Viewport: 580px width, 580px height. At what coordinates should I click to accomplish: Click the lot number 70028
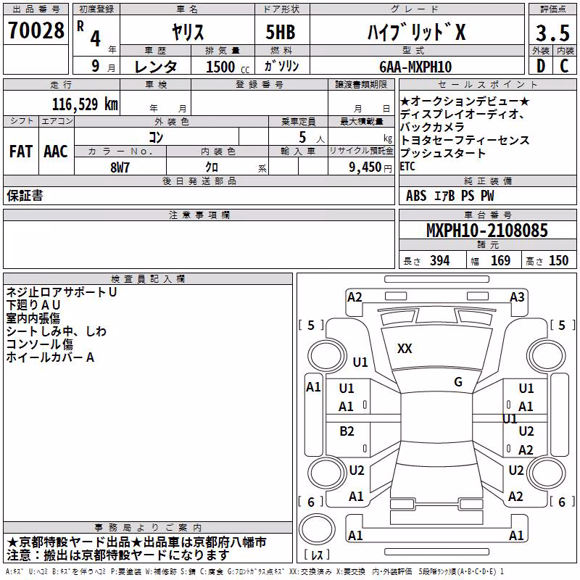[36, 30]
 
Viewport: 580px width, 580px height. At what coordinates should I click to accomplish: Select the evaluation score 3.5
[552, 33]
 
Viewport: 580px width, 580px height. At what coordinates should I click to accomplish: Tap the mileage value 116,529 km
[85, 104]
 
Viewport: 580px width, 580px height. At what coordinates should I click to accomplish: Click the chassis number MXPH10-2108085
[487, 231]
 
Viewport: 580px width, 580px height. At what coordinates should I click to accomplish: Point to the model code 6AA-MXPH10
[415, 67]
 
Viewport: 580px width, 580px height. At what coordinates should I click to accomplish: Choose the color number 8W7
[120, 167]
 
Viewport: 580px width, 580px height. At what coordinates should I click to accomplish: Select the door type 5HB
[281, 32]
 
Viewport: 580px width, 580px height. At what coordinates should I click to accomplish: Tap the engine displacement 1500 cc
[228, 67]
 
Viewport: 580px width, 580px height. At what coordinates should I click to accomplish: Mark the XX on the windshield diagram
[405, 349]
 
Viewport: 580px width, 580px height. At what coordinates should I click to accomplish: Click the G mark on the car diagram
[458, 382]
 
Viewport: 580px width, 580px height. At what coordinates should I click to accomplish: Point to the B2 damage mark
[347, 431]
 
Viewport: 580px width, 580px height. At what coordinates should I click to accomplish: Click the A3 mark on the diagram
[517, 297]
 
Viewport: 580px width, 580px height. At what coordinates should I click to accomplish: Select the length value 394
[440, 261]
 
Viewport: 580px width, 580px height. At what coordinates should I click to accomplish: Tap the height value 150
[558, 261]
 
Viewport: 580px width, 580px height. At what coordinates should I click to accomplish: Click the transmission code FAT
[21, 152]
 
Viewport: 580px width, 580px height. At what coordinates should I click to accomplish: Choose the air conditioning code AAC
[56, 152]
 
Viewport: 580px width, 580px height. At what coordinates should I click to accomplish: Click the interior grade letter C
[564, 66]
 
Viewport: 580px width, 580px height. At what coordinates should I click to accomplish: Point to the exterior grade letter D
[541, 66]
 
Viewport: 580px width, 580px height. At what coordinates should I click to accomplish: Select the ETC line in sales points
[407, 167]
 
